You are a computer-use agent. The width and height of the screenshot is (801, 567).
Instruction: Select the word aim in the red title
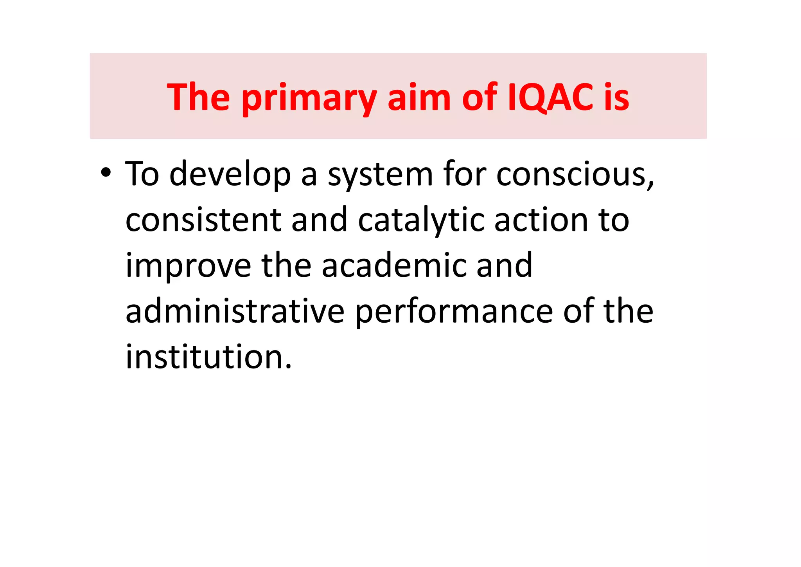(x=419, y=98)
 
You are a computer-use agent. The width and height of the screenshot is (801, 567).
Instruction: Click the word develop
(x=230, y=175)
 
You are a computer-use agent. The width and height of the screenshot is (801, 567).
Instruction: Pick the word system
(x=380, y=175)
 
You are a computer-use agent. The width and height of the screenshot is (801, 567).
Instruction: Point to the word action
(x=541, y=220)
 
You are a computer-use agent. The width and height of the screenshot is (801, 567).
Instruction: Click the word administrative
(x=235, y=311)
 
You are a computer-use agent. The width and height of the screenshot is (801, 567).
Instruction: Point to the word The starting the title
(x=198, y=98)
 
